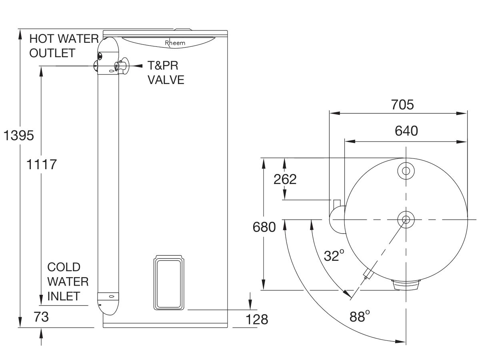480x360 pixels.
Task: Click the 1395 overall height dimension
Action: [18, 136]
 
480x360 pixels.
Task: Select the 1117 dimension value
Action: [42, 164]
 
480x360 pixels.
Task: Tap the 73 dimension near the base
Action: [41, 317]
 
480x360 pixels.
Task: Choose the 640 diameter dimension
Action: [406, 131]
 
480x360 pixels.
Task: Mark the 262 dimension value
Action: [285, 180]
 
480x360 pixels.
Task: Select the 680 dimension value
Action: [264, 227]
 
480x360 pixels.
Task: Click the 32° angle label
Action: [334, 255]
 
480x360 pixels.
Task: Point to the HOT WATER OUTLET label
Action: [64, 46]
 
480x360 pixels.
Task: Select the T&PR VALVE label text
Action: [166, 72]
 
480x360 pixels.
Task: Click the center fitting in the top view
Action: [406, 219]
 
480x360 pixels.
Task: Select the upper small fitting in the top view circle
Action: [406, 171]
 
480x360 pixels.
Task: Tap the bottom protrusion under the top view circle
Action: [406, 284]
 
